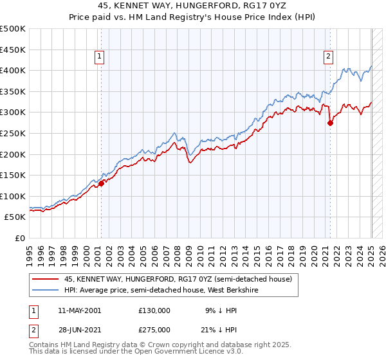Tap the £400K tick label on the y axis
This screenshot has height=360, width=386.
(x=14, y=70)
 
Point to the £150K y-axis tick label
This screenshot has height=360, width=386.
(x=14, y=175)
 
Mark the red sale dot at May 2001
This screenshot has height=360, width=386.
(x=101, y=183)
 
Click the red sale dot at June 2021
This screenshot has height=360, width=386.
(x=330, y=123)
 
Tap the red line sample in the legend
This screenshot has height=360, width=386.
(x=46, y=279)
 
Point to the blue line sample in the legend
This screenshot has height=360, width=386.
(x=46, y=289)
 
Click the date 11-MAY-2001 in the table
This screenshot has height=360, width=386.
(x=79, y=310)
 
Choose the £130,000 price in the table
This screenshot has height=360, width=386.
(x=154, y=310)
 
